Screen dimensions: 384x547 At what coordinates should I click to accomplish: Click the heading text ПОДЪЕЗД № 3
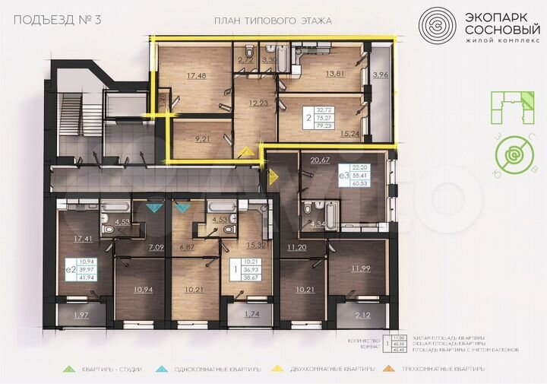[x=58, y=20]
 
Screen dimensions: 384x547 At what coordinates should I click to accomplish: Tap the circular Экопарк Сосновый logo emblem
[x=441, y=27]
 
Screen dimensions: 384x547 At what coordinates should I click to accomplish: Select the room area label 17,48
[x=196, y=75]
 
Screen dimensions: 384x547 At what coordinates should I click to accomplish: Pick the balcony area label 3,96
[x=381, y=75]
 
